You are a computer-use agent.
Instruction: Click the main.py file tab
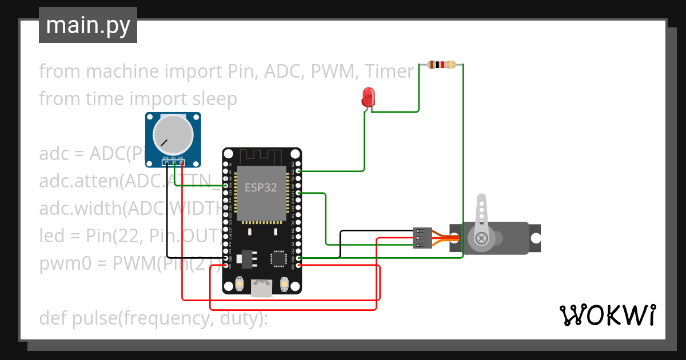pyautogui.click(x=88, y=25)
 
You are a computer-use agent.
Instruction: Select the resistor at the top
pyautogui.click(x=441, y=64)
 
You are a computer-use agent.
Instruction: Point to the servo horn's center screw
pyautogui.click(x=482, y=237)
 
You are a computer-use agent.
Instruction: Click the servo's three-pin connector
pyautogui.click(x=422, y=238)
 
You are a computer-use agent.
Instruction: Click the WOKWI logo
pyautogui.click(x=607, y=315)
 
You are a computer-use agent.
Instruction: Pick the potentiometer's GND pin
pyautogui.click(x=166, y=163)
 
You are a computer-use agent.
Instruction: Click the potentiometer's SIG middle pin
pyautogui.click(x=174, y=163)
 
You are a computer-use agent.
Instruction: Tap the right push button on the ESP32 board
pyautogui.click(x=284, y=283)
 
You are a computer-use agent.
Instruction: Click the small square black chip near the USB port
pyautogui.click(x=279, y=258)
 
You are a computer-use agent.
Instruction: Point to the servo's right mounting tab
pyautogui.click(x=535, y=238)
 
